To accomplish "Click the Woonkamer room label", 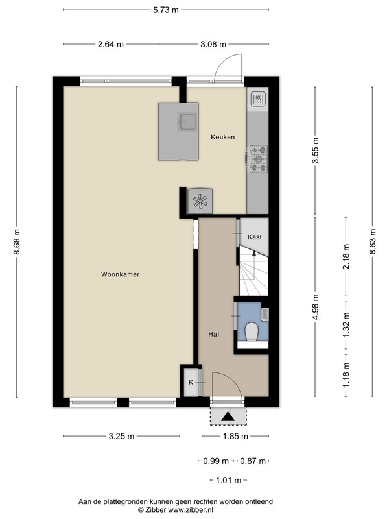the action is (x=120, y=274).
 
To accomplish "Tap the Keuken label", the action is (x=222, y=137).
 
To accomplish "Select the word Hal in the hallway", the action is (x=214, y=334).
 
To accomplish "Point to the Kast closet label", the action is (x=255, y=237).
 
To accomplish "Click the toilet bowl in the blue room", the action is (x=252, y=332).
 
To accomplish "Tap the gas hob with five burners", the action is (x=257, y=159).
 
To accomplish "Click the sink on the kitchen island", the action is (x=187, y=121).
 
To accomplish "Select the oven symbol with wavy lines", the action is (x=258, y=99).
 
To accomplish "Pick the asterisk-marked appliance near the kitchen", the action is (x=200, y=201).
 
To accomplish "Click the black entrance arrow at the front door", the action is (x=228, y=416).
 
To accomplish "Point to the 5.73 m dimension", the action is (x=166, y=10).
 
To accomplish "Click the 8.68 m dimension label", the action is (x=17, y=242).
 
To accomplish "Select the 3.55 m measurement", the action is (x=316, y=150).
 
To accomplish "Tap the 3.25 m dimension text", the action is (x=121, y=436).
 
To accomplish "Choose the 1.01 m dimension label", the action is (x=229, y=480).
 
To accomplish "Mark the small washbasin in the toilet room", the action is (x=265, y=315).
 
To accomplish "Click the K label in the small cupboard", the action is (x=191, y=382).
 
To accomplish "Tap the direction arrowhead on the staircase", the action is (x=254, y=254).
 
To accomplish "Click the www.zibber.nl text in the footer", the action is (x=191, y=510).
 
